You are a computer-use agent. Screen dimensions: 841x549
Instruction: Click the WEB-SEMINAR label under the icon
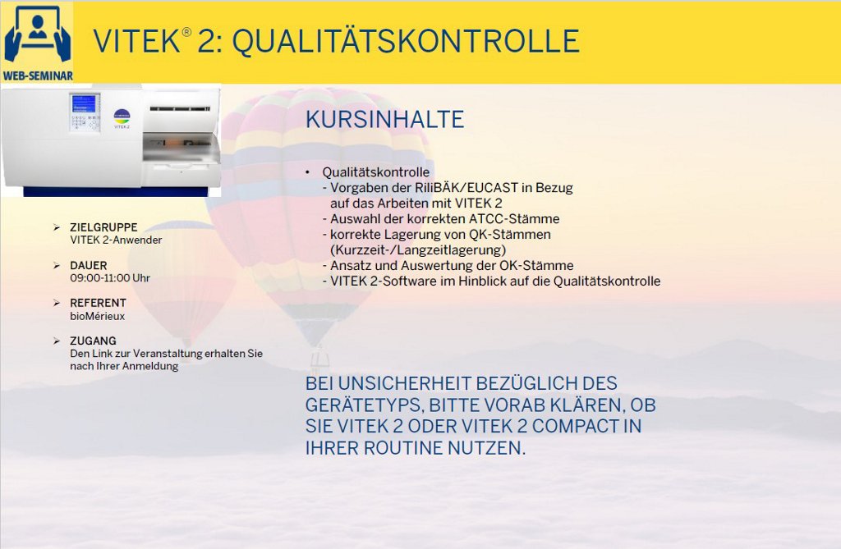tap(38, 75)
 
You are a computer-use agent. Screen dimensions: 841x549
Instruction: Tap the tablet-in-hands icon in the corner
tap(37, 35)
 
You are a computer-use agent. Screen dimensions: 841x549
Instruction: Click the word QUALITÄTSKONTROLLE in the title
tap(406, 41)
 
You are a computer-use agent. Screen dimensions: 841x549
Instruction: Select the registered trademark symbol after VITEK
tap(186, 32)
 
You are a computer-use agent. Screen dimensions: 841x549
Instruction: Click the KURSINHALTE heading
tap(384, 119)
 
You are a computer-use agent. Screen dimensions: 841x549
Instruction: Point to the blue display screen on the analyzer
tap(84, 104)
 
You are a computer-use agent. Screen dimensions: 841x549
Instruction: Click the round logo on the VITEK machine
tap(122, 116)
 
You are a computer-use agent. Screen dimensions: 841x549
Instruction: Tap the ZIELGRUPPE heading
tap(103, 227)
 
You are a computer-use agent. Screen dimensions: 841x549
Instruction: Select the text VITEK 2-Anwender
tap(116, 240)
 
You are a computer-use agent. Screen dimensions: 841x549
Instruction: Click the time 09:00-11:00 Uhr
tap(110, 278)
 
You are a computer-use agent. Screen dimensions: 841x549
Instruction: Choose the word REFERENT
tap(99, 303)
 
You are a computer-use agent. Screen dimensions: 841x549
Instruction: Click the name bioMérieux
tap(97, 316)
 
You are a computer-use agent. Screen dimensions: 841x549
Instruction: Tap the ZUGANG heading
tap(93, 341)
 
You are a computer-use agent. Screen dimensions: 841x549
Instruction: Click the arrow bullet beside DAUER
tap(57, 265)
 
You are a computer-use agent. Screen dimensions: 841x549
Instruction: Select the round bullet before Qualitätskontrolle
tap(308, 172)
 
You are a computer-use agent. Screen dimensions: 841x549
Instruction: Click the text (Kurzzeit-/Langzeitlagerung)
tap(418, 249)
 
